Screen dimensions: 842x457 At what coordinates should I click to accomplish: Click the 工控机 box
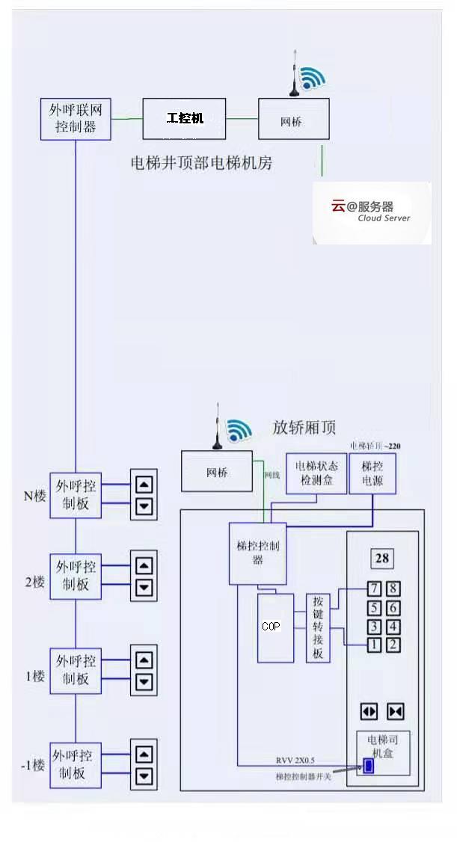184,118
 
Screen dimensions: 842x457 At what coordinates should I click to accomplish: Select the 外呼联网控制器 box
76,119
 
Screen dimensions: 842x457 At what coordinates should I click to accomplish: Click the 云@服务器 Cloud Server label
372,212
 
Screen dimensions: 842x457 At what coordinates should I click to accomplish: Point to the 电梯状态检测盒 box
316,473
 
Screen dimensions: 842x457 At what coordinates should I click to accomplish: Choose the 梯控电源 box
372,473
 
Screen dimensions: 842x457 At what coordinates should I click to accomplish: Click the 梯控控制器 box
257,553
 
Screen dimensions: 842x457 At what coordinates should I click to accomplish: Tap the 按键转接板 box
318,627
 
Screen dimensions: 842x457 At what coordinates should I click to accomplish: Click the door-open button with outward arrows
369,711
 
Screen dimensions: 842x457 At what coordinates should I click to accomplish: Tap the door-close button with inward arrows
395,711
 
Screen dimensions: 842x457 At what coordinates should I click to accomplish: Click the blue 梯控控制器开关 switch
368,766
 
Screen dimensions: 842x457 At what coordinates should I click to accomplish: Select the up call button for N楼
144,484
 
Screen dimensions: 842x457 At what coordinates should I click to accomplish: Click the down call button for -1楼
144,775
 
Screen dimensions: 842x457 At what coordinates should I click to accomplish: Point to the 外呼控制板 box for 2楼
76,575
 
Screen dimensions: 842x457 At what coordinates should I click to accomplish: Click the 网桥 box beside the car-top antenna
217,473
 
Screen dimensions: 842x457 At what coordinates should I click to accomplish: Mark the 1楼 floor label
34,677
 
